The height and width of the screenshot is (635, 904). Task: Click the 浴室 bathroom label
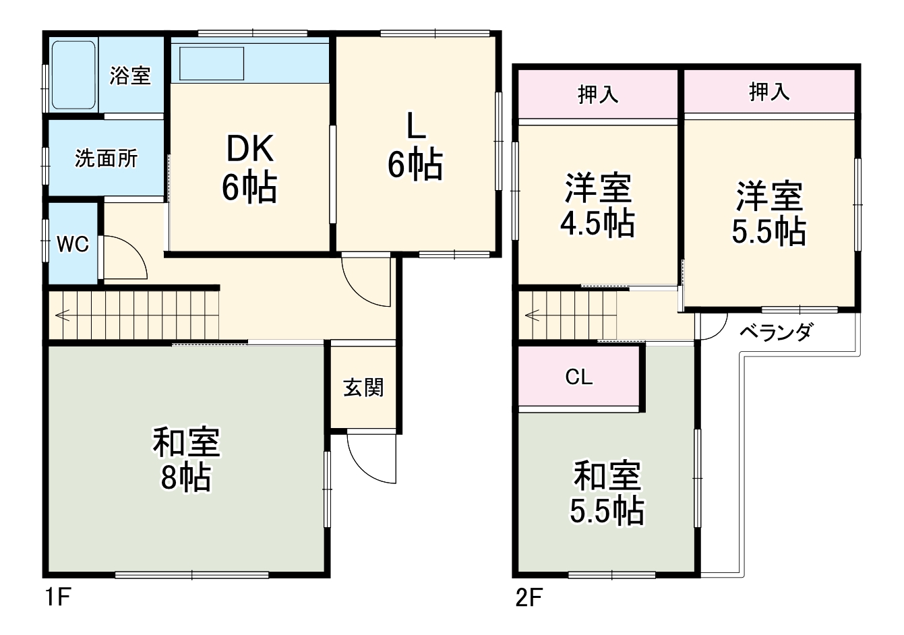(130, 75)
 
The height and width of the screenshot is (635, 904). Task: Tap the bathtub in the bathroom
(73, 75)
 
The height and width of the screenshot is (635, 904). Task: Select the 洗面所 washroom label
(106, 159)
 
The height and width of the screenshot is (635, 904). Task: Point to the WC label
(72, 244)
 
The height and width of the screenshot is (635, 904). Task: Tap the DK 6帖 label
(249, 168)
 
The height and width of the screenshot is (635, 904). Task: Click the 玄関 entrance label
(363, 388)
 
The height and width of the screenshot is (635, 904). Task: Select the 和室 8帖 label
(186, 460)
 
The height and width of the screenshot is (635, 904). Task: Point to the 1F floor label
(57, 598)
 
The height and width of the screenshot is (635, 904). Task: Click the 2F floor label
(529, 598)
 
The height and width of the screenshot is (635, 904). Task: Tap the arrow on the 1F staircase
(63, 314)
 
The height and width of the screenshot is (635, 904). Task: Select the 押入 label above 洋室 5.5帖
(769, 92)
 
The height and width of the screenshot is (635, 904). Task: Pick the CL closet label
(578, 377)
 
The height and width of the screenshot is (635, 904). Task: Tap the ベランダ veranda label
(775, 332)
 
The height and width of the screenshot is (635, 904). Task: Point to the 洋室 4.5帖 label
(597, 206)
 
